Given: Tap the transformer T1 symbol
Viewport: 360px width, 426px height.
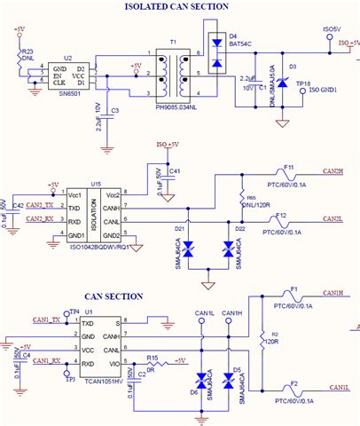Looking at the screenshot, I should click(x=172, y=72).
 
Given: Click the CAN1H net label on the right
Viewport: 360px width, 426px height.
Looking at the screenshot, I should click(x=337, y=292).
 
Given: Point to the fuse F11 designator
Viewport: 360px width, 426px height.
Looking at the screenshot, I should click(x=289, y=166).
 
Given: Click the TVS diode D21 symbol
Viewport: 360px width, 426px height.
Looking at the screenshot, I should click(x=187, y=252).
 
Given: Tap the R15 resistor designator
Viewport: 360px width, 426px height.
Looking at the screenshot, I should click(x=153, y=358).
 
